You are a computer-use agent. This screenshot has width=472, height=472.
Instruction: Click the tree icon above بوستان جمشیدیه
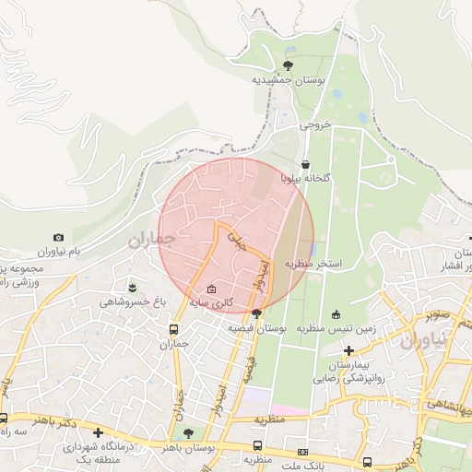click(288, 65)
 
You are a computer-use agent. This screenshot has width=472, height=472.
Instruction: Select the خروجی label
click(314, 128)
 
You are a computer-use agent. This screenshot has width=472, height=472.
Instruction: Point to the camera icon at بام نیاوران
click(59, 237)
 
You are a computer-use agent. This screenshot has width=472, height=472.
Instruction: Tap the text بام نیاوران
click(59, 252)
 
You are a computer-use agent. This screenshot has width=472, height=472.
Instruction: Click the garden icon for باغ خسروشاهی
click(133, 288)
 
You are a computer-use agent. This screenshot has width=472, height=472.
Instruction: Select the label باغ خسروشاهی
click(133, 301)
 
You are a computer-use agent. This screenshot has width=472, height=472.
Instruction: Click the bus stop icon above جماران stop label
click(173, 330)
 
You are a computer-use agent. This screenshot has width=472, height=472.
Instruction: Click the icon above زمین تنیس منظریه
click(336, 313)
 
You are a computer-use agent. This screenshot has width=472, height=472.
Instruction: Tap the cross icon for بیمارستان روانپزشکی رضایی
click(348, 350)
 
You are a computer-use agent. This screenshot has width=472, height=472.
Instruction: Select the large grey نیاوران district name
click(423, 339)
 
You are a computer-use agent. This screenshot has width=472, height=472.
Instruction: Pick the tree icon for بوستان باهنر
click(188, 433)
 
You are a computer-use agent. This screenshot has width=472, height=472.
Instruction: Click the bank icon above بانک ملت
click(303, 452)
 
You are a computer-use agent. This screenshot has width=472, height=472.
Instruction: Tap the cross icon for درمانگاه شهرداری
click(98, 432)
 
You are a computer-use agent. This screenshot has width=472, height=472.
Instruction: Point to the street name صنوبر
click(439, 314)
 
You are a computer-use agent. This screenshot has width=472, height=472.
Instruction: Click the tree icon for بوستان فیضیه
click(256, 314)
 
